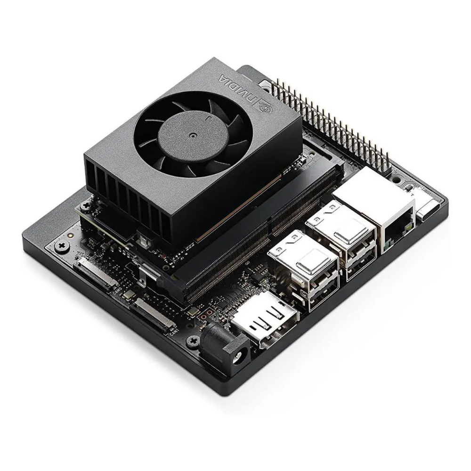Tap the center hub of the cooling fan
pyautogui.click(x=192, y=135)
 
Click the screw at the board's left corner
pyautogui.click(x=61, y=246)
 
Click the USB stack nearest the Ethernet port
pyautogui.click(x=341, y=240)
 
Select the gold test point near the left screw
pyautogui.click(x=71, y=234)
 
